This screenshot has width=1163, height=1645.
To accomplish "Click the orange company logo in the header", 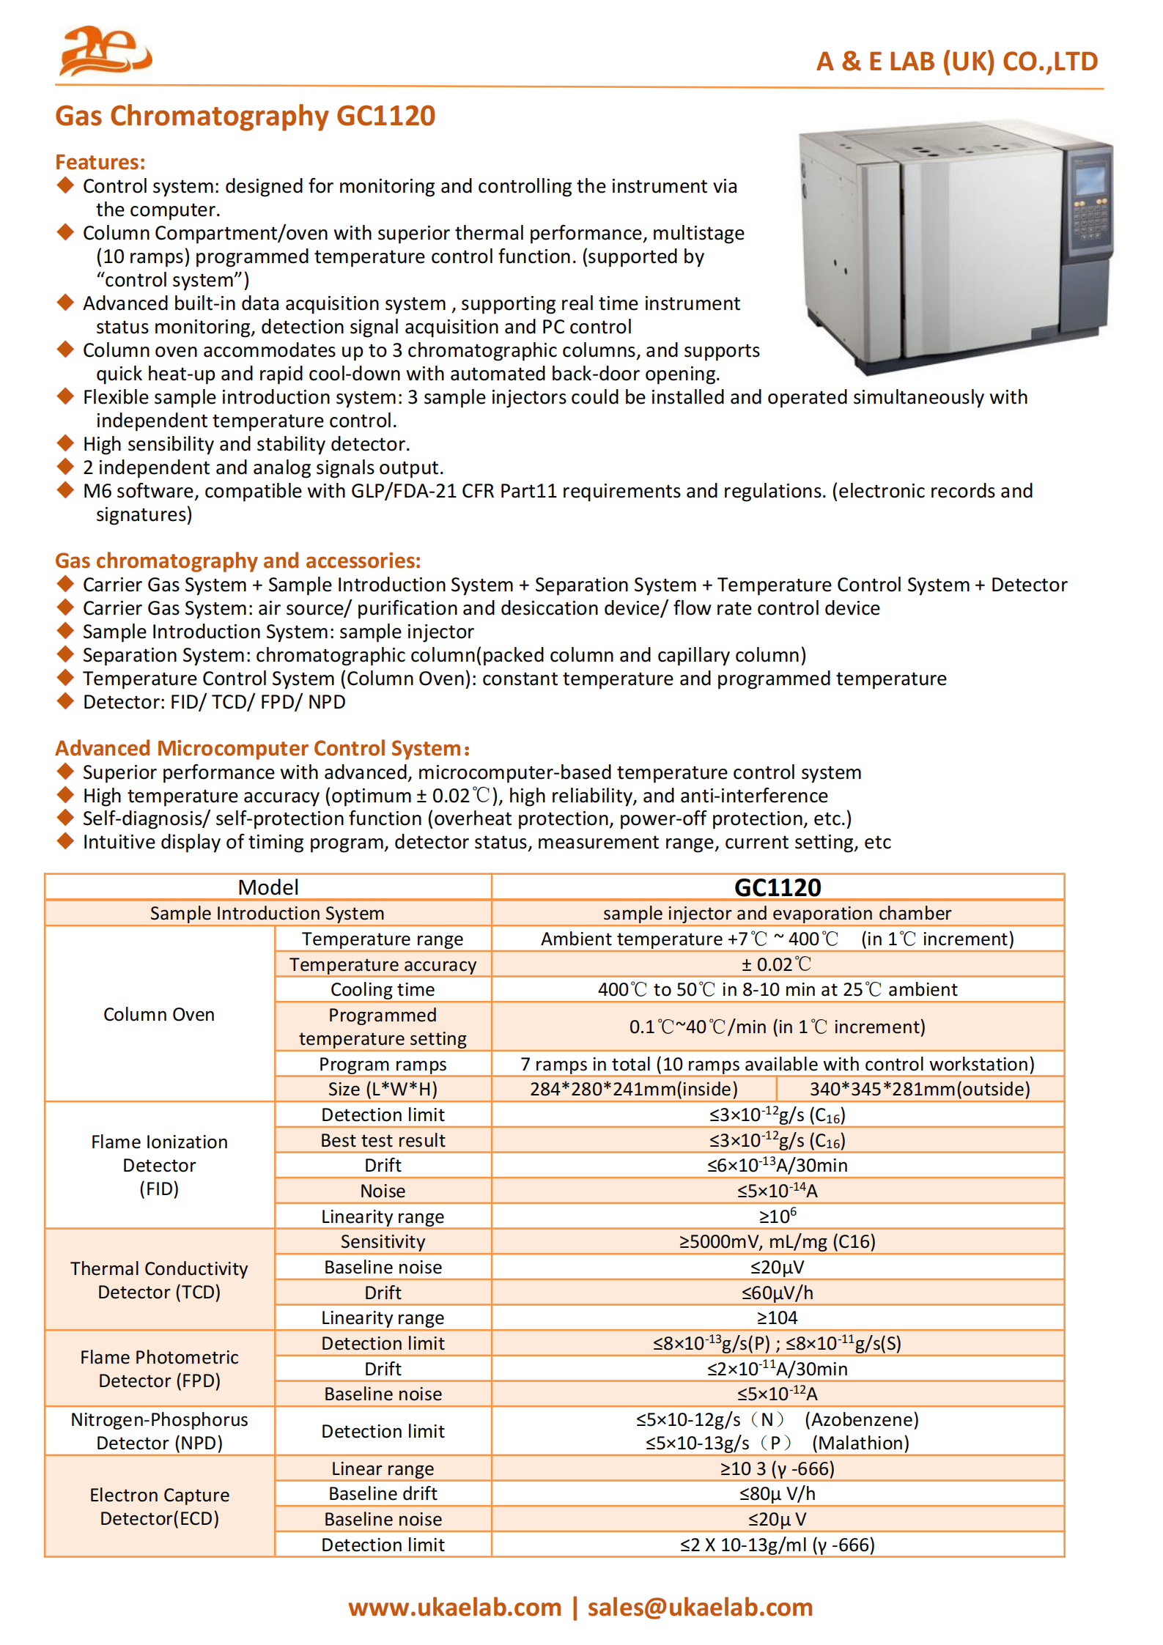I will [x=105, y=51].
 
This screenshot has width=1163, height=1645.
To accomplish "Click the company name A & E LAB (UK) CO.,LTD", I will [x=956, y=62].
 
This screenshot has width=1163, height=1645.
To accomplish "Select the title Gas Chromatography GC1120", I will [x=245, y=116].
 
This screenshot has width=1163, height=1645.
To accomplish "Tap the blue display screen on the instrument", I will [x=1089, y=180].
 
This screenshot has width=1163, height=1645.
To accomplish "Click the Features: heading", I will [x=100, y=162].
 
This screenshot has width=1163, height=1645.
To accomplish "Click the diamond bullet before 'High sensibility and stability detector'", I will [x=66, y=443].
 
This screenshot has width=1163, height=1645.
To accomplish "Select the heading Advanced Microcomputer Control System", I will [x=262, y=748].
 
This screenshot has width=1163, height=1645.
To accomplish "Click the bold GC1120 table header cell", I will [x=777, y=887].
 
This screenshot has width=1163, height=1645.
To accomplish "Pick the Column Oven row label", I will [x=158, y=1014].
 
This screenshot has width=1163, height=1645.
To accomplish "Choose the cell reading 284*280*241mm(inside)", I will [x=633, y=1089].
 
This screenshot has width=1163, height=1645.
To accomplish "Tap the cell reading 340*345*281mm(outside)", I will [x=919, y=1089].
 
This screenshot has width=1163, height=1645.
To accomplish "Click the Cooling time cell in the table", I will [x=382, y=989].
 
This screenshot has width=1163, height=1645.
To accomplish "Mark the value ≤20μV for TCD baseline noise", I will [x=777, y=1267].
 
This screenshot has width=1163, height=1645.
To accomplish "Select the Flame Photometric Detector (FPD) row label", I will [x=158, y=1368].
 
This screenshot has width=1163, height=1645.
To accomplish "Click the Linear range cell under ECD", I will [x=382, y=1468].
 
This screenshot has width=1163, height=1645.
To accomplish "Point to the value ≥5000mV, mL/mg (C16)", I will [x=777, y=1241].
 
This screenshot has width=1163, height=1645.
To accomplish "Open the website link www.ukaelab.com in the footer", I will [x=454, y=1607].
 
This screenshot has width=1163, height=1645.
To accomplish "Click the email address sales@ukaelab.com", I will [x=700, y=1607].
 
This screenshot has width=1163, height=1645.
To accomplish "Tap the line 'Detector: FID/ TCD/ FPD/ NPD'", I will [x=213, y=702].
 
